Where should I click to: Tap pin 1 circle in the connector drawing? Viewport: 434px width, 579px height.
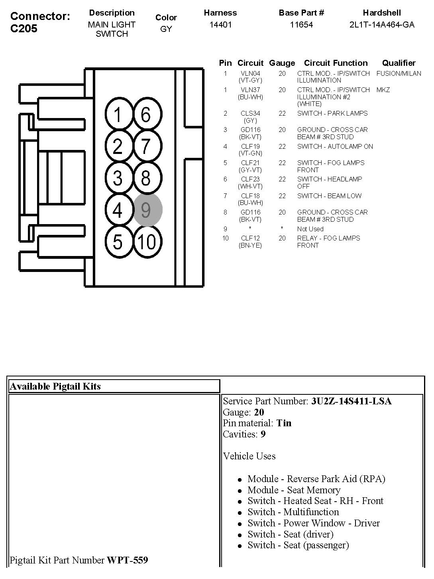tap(118, 115)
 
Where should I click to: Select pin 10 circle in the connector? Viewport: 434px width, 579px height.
tap(147, 241)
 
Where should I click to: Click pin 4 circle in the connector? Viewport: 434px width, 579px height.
tap(118, 210)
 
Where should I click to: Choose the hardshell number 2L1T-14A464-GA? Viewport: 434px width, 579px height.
tap(382, 25)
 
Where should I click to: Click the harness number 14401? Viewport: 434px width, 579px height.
tap(220, 25)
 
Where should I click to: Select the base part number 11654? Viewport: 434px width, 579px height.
tap(301, 25)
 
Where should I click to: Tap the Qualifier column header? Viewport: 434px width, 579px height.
tap(399, 63)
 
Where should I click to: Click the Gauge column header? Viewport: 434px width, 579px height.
tap(282, 63)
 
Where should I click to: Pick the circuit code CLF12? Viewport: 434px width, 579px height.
tap(250, 238)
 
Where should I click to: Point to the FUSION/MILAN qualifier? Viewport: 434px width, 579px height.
tap(399, 73)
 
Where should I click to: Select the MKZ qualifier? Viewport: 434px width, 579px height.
tap(383, 90)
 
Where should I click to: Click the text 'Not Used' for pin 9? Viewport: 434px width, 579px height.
tap(310, 229)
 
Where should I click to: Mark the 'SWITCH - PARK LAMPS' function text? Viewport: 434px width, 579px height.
tap(332, 113)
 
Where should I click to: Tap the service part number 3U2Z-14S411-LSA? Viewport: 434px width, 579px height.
tap(352, 401)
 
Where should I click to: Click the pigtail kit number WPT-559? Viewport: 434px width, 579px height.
tap(127, 560)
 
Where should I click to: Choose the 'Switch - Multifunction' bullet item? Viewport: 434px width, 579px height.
tap(293, 512)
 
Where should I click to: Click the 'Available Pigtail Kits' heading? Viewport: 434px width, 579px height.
tap(55, 386)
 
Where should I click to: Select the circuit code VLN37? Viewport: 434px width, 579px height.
tap(250, 90)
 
